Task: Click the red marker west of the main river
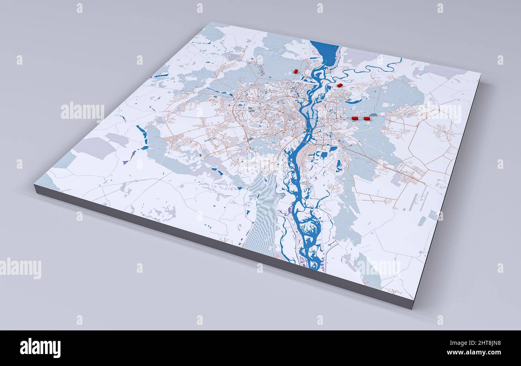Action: [296, 71]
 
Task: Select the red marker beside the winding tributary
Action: [339, 85]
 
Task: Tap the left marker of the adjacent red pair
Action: [355, 118]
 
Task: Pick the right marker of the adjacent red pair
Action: [366, 118]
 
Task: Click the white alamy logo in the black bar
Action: [40, 348]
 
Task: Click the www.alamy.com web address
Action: [473, 353]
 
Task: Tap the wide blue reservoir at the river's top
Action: [325, 52]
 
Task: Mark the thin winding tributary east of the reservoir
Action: [373, 68]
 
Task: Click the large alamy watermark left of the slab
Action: [83, 112]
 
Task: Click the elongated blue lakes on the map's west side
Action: [142, 134]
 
